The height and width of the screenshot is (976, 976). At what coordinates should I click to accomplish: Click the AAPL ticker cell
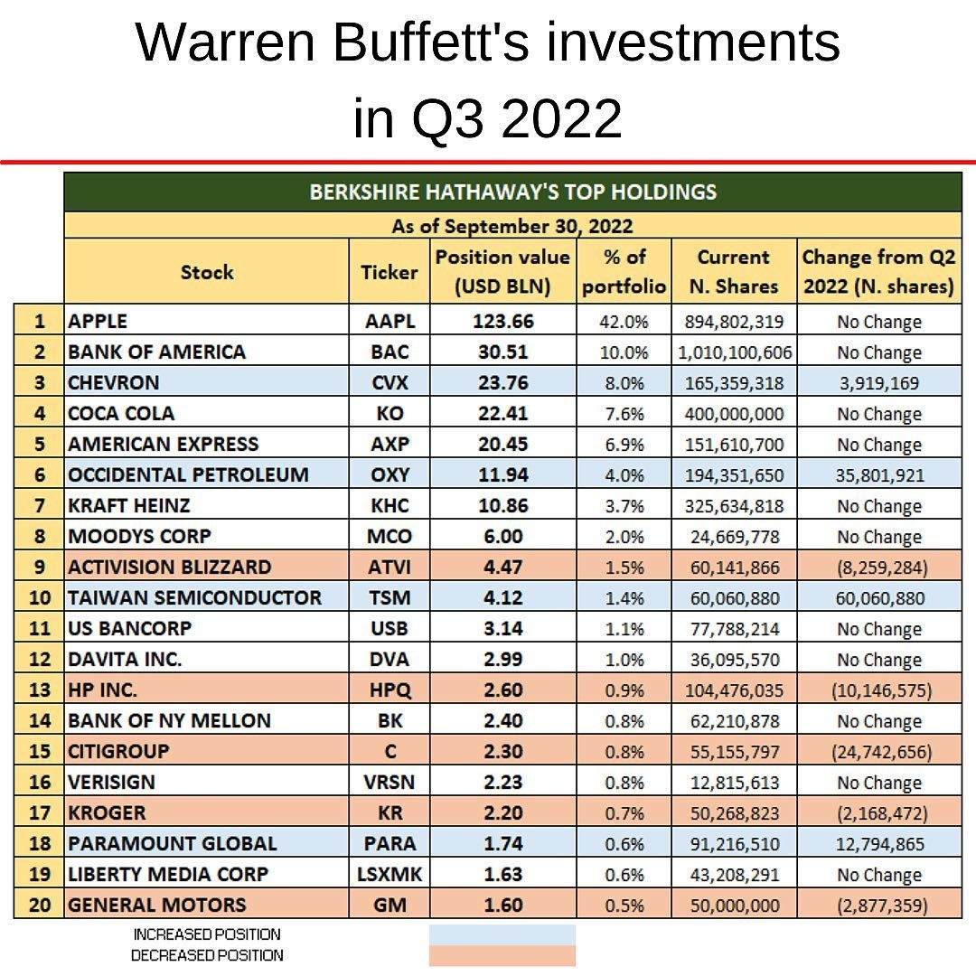389,321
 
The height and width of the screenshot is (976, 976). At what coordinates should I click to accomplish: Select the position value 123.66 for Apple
502,321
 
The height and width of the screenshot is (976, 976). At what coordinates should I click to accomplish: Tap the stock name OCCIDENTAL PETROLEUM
188,474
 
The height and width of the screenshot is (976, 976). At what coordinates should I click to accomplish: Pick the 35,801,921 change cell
878,475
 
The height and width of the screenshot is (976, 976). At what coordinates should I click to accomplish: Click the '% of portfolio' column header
624,271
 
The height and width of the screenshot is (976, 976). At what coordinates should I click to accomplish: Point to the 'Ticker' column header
389,271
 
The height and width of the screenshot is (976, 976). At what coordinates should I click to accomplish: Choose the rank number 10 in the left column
39,597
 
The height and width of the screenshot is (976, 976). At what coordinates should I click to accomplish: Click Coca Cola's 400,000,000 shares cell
733,414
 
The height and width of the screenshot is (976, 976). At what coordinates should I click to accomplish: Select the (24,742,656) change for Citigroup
878,752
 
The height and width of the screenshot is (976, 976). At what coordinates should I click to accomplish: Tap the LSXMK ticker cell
389,874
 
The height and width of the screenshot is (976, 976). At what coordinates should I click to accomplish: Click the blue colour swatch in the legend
502,934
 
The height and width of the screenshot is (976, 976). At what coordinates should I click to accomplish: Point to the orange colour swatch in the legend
502,956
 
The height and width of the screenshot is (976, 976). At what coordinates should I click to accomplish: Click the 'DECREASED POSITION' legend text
207,955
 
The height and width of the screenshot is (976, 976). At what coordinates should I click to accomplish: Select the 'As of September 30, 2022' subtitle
512,225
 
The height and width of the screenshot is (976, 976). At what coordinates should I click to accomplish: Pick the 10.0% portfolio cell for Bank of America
624,352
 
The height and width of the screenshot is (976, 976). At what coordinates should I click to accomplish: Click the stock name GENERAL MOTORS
157,905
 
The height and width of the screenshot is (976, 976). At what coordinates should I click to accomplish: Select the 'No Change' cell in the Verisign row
878,783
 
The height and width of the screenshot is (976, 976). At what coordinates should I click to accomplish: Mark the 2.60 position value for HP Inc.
502,690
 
